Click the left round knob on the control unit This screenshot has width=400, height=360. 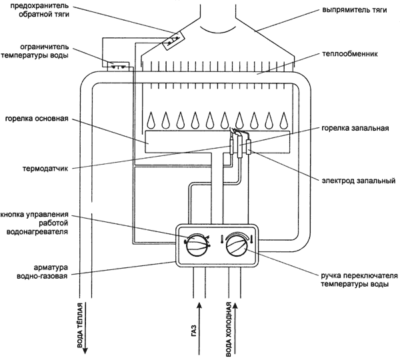click(195, 245)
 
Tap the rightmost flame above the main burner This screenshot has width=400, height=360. click(285, 120)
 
